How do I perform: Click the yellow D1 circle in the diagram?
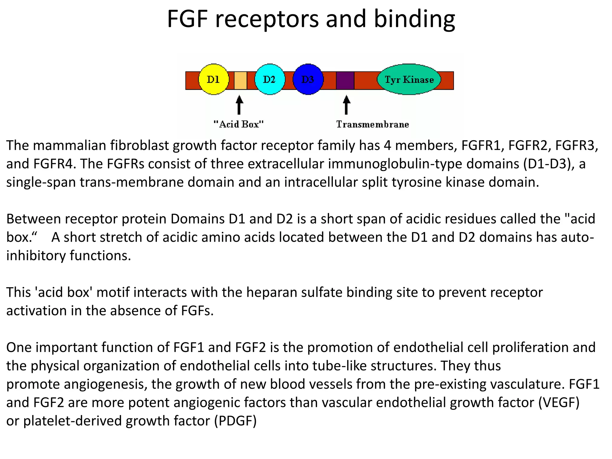click(213, 79)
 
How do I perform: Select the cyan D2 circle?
click(269, 79)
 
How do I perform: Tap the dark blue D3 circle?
click(308, 79)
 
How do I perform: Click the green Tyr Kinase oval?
click(409, 79)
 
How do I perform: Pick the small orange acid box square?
click(240, 80)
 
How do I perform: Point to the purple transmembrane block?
click(345, 80)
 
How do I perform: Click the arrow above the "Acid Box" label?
click(239, 105)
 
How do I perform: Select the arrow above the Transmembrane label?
click(346, 105)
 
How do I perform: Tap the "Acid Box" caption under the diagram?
click(238, 124)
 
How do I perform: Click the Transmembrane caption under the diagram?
click(372, 124)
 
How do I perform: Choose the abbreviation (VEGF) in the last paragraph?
click(559, 403)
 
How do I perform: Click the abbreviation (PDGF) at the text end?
click(235, 421)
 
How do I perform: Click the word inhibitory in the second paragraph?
click(36, 256)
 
